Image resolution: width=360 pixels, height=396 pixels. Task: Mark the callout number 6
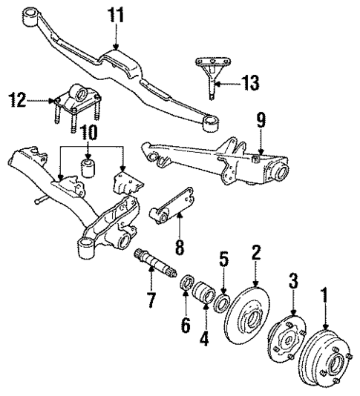[x=186, y=324]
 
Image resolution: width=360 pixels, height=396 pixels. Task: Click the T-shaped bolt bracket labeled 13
[x=211, y=71]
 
